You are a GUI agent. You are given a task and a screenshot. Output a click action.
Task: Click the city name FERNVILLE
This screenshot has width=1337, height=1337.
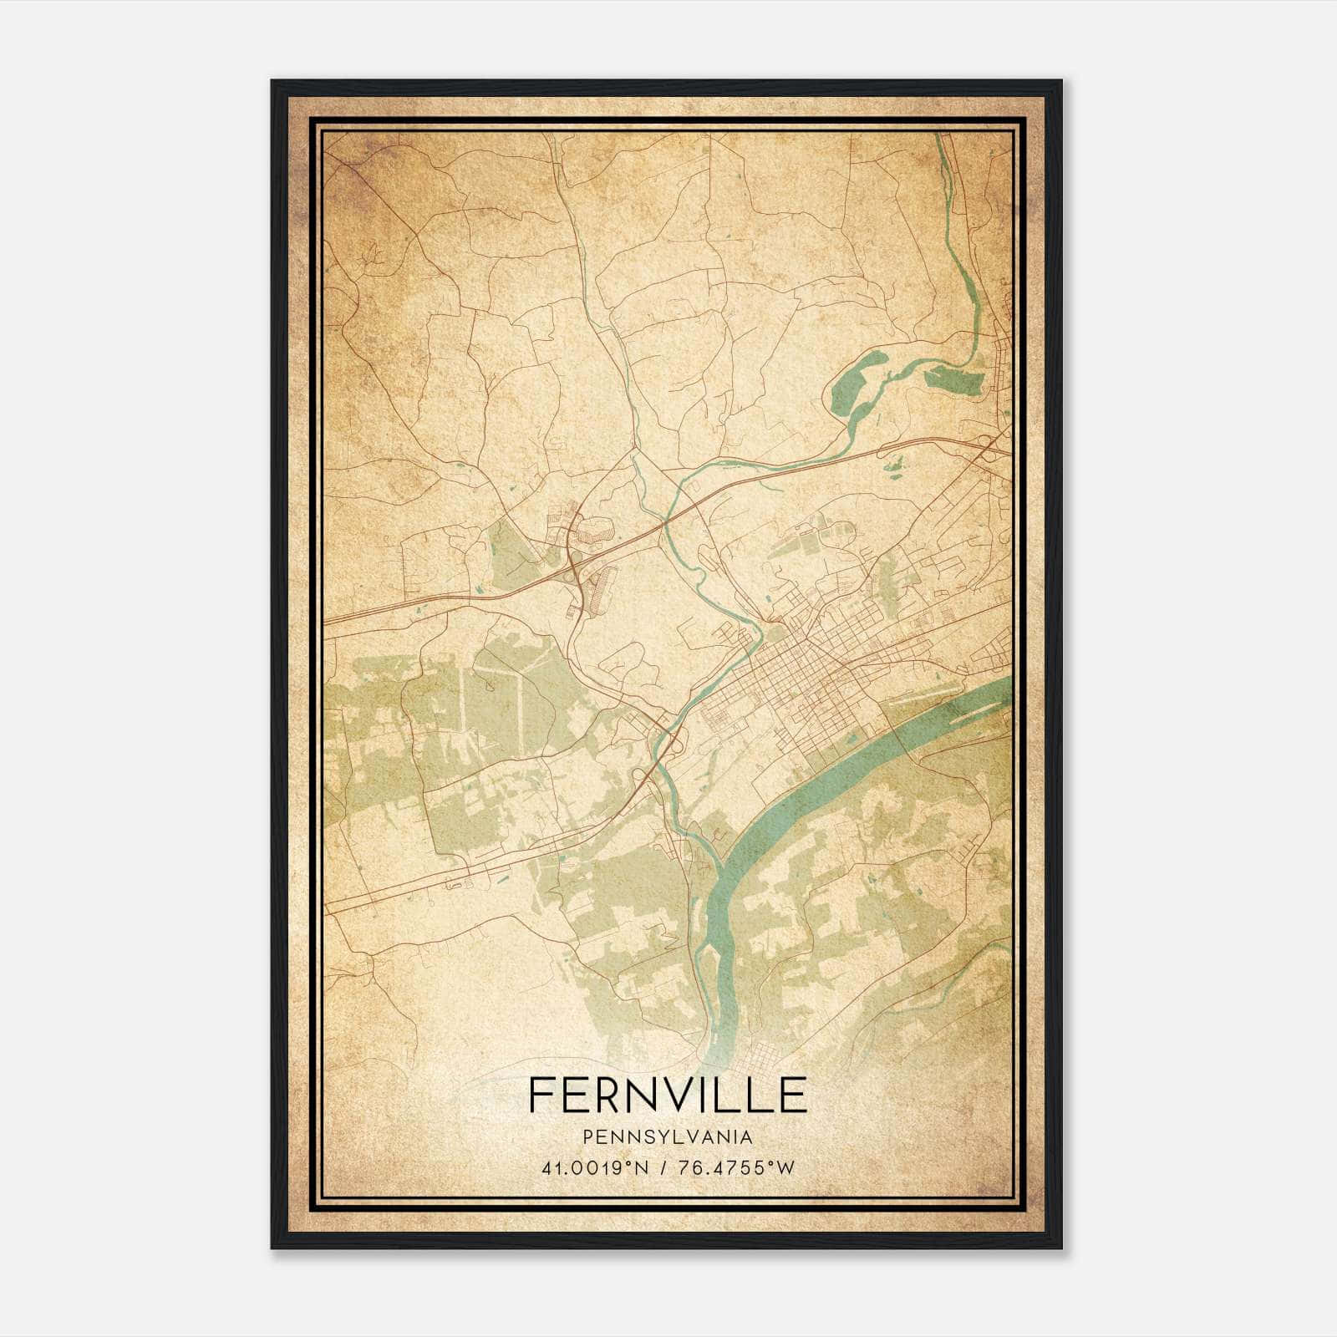point(668,1095)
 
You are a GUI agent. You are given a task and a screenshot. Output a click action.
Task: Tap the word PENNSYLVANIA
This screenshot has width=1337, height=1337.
point(668,1137)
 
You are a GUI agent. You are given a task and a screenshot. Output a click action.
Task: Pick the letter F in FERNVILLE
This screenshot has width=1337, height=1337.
point(540,1095)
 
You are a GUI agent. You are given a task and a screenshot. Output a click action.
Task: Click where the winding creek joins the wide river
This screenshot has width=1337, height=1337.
point(719,861)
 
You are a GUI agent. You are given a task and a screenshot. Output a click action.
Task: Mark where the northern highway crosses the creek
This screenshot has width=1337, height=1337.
point(666,522)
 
